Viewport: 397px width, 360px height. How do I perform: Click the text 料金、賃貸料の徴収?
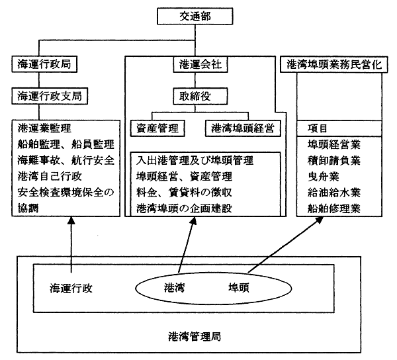[x=183, y=193]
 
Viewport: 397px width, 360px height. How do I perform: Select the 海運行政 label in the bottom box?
[x=70, y=288]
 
